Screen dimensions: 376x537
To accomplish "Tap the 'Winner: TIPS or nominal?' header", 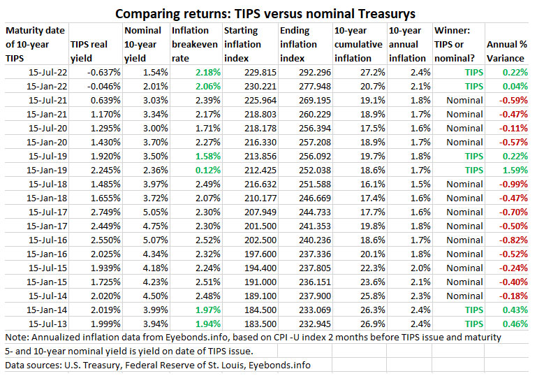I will (455, 45).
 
